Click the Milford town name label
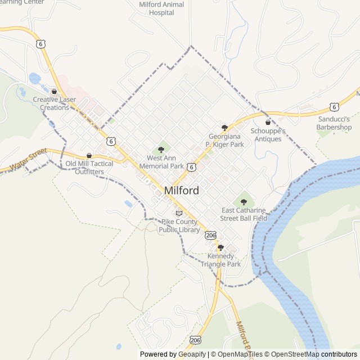click(x=181, y=191)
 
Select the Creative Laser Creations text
click(x=55, y=103)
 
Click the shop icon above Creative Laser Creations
click(x=54, y=91)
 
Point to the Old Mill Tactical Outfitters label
click(x=89, y=168)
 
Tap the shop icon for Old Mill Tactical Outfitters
click(x=89, y=155)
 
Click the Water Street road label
click(x=28, y=160)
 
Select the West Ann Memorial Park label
click(x=161, y=163)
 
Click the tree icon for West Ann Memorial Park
click(x=161, y=150)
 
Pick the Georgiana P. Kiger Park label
click(x=225, y=141)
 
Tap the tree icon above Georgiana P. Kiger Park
click(x=225, y=128)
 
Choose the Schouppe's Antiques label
click(x=268, y=135)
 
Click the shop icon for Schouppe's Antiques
click(x=268, y=122)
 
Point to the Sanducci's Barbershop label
click(x=334, y=123)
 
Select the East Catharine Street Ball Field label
click(x=244, y=214)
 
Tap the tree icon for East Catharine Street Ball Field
click(x=244, y=201)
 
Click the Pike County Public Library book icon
click(x=179, y=213)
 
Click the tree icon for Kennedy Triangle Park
click(x=220, y=247)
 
